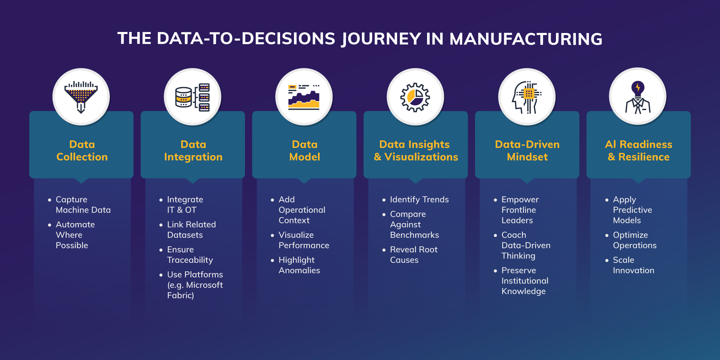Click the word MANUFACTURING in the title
(x=526, y=39)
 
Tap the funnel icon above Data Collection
(x=81, y=97)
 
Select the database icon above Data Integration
(x=193, y=97)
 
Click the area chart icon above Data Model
(x=304, y=97)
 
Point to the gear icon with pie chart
(x=415, y=97)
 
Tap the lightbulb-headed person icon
(x=638, y=97)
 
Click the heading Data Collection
(x=82, y=150)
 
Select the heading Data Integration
(x=193, y=150)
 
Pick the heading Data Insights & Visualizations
(x=416, y=150)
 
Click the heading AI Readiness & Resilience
(x=639, y=150)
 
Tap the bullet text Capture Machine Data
(x=83, y=205)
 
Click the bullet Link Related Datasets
(x=191, y=230)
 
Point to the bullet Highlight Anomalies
(x=299, y=265)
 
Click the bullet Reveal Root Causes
(x=414, y=255)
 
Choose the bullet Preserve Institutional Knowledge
(x=525, y=281)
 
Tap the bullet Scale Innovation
(x=633, y=265)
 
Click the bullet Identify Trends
(x=419, y=199)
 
